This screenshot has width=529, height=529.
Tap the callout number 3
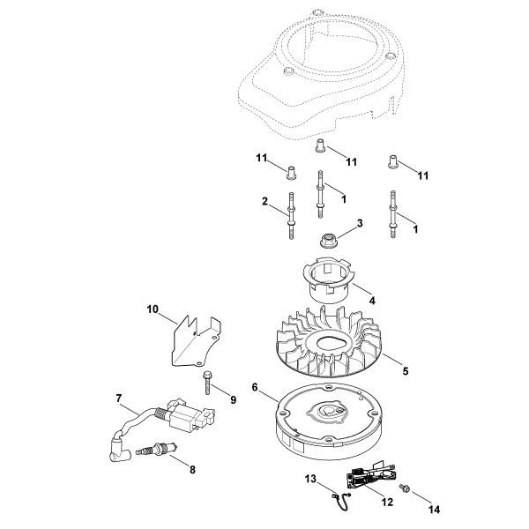[x=359, y=225]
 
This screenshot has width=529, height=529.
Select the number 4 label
[x=371, y=301]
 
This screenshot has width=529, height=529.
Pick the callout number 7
[x=119, y=399]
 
